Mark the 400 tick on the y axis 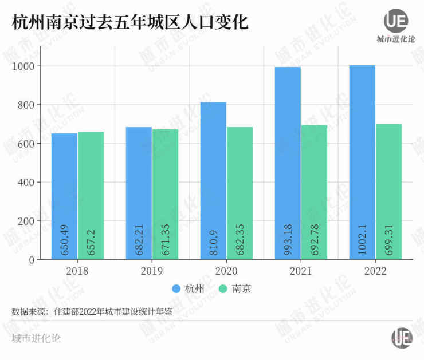coord(26,183)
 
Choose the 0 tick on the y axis coord(32,260)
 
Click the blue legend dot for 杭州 coord(176,288)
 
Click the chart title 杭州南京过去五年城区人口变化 coord(129,23)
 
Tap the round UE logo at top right coord(395,21)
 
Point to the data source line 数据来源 coord(92,311)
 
